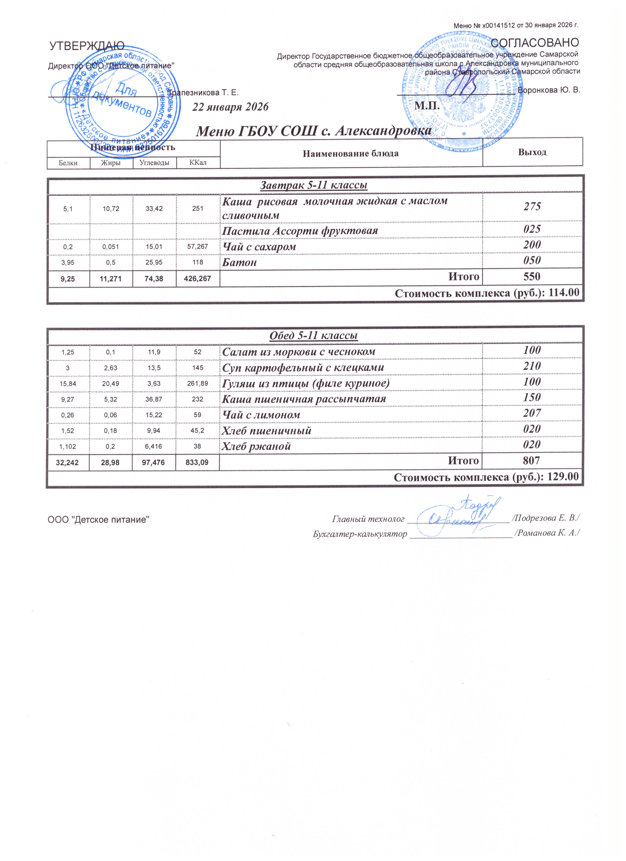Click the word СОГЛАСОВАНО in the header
pyautogui.click(x=535, y=42)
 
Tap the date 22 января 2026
pyautogui.click(x=230, y=107)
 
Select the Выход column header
pyautogui.click(x=532, y=152)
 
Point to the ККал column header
pyautogui.click(x=198, y=163)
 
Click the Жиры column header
pyautogui.click(x=111, y=163)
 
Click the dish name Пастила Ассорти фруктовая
pyautogui.click(x=300, y=231)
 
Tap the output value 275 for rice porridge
pyautogui.click(x=532, y=207)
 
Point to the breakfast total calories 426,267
pyautogui.click(x=197, y=279)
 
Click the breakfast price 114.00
pyautogui.click(x=563, y=293)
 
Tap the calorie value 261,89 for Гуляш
pyautogui.click(x=197, y=383)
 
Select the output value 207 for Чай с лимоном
pyautogui.click(x=532, y=413)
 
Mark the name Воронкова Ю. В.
pyautogui.click(x=549, y=90)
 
